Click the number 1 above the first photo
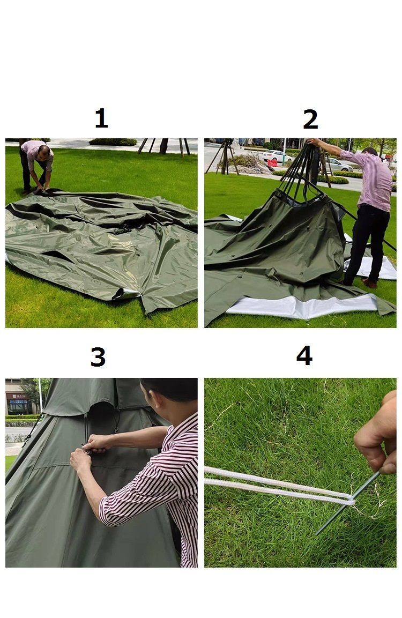coord(101,118)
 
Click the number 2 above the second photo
coord(310,119)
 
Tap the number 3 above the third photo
coord(98,357)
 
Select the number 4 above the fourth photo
coord(304,355)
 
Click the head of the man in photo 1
coord(44,151)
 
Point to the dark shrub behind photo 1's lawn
coord(113,142)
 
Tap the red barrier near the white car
coord(272,163)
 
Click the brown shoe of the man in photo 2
coord(370,282)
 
